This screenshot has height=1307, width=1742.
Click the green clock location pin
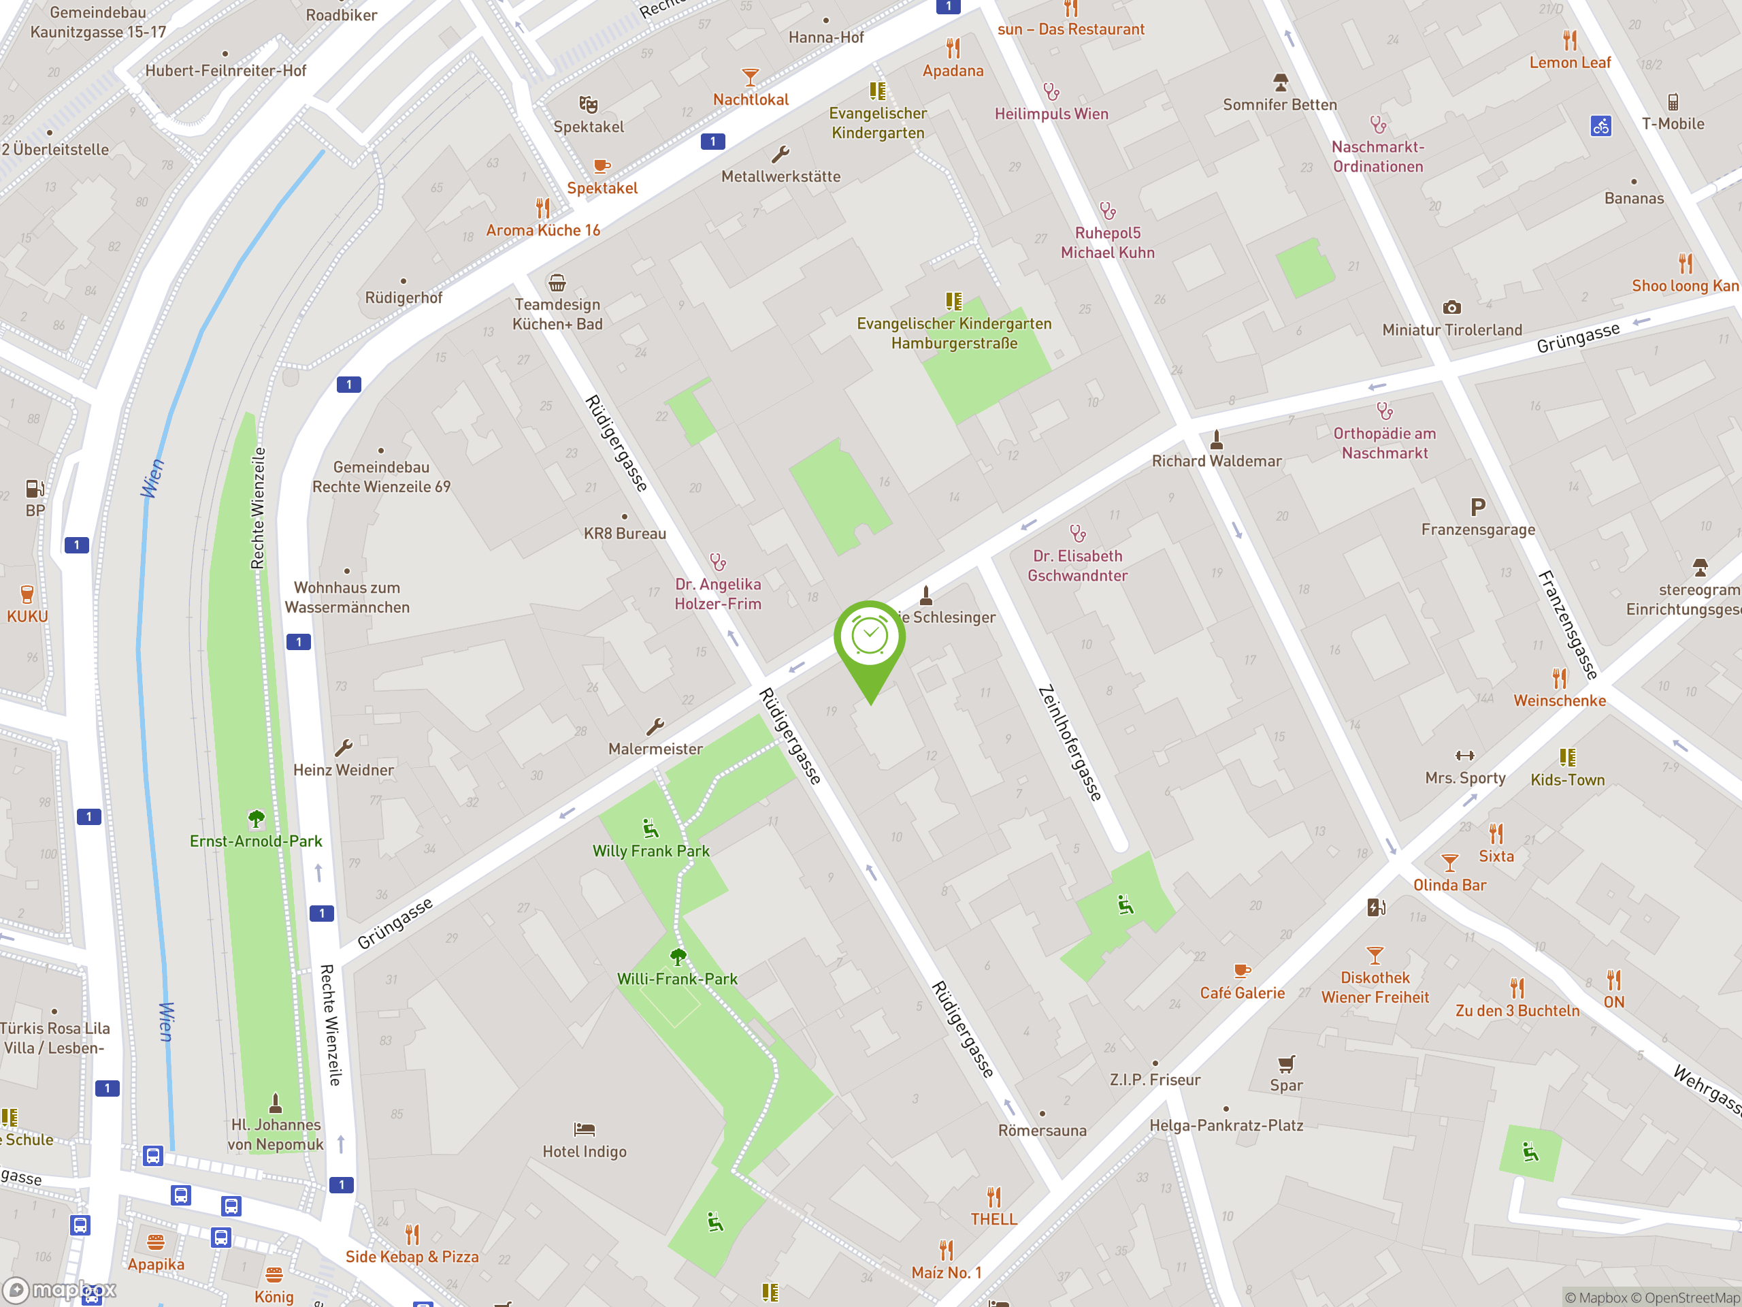[870, 638]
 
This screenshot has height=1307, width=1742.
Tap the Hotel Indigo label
[585, 1152]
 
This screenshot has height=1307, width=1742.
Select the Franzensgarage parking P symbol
[1478, 507]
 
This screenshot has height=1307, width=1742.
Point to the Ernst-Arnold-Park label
[256, 841]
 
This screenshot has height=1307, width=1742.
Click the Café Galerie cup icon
[1242, 971]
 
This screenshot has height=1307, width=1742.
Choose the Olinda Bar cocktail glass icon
[1449, 862]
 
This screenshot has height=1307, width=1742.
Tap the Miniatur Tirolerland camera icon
[1451, 307]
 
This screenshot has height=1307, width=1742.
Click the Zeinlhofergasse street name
[1070, 743]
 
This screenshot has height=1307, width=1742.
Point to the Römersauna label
[1042, 1131]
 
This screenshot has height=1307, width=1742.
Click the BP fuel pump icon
[35, 489]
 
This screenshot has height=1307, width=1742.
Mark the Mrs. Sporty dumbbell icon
[1465, 756]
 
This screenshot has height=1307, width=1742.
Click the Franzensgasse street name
[1567, 625]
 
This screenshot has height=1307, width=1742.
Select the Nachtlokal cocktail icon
[751, 77]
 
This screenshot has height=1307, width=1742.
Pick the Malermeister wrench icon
[655, 726]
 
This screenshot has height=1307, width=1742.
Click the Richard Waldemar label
[1217, 461]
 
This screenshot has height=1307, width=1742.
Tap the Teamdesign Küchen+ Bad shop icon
[557, 282]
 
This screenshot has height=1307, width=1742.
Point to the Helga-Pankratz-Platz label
[1226, 1126]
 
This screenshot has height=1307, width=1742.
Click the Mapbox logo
[60, 1290]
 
